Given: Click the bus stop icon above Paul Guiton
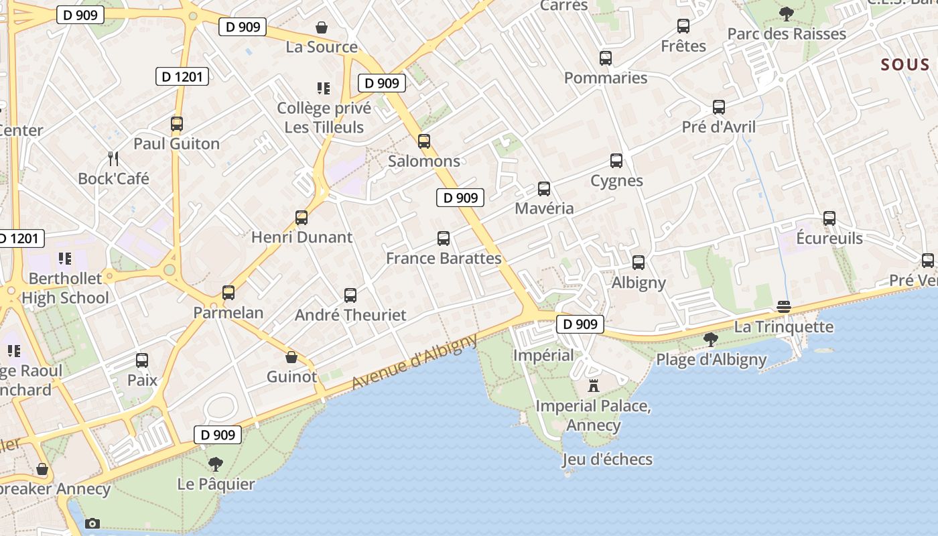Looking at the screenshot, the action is click(x=177, y=124).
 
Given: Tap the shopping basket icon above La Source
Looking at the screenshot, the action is click(x=322, y=27).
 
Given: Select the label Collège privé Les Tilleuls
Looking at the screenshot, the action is click(x=324, y=117).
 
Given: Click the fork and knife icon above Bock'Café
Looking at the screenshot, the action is click(x=113, y=159).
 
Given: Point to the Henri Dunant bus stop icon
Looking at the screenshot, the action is click(x=301, y=218).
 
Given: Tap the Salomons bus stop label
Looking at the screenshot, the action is click(x=424, y=161).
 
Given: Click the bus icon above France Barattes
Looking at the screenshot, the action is click(x=444, y=239).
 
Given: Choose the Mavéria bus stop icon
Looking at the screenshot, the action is click(x=544, y=189).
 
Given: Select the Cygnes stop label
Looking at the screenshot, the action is click(x=616, y=180).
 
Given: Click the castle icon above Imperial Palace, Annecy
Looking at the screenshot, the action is click(x=593, y=386).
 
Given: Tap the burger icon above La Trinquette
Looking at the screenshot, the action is click(x=784, y=307).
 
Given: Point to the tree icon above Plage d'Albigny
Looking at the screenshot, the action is click(x=711, y=340).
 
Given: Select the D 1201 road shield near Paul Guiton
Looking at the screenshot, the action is click(x=182, y=76).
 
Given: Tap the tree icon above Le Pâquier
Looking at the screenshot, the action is click(x=216, y=464).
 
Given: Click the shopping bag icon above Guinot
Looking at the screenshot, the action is click(x=291, y=356).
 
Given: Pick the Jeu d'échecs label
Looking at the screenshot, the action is click(x=607, y=459).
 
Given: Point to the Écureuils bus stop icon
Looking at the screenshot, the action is click(x=829, y=218).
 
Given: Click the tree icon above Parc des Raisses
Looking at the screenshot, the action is click(x=787, y=14).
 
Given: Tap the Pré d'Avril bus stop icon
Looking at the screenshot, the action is click(x=719, y=107).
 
